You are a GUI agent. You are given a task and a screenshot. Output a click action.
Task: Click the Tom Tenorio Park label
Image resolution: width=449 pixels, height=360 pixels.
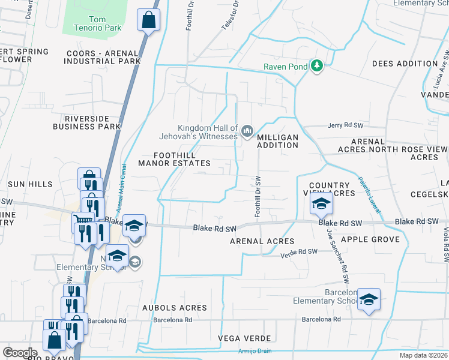[97, 23]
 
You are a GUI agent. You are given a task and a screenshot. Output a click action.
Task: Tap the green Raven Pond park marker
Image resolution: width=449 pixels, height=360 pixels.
[317, 66]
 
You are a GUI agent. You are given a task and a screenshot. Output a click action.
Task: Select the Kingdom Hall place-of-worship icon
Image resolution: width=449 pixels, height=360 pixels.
[247, 130]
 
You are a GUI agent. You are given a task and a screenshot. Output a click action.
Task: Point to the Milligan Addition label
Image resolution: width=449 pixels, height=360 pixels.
[277, 141]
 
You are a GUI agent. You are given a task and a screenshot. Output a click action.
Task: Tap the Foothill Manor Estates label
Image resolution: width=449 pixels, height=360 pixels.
[174, 159]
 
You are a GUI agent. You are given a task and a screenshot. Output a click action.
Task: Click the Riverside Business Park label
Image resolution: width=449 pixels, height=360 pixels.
[87, 122]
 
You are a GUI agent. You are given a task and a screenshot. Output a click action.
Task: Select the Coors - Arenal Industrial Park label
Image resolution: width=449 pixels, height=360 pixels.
[104, 57]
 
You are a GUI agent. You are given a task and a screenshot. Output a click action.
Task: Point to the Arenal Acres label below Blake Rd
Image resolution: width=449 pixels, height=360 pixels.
[262, 241]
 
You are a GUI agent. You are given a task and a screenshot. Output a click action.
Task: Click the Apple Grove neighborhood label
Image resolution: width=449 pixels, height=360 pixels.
[370, 239]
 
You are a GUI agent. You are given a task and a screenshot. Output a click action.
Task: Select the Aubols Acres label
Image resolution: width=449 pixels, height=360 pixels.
[174, 308]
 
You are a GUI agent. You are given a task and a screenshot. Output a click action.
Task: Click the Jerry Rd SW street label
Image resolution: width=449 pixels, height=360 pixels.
[346, 126]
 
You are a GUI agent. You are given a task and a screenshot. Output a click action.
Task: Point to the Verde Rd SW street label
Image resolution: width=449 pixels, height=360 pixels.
[299, 254]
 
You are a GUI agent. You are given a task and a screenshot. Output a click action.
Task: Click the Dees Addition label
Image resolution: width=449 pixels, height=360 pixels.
[405, 64]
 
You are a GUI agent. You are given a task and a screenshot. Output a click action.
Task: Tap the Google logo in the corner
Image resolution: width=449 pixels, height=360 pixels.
[20, 353]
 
